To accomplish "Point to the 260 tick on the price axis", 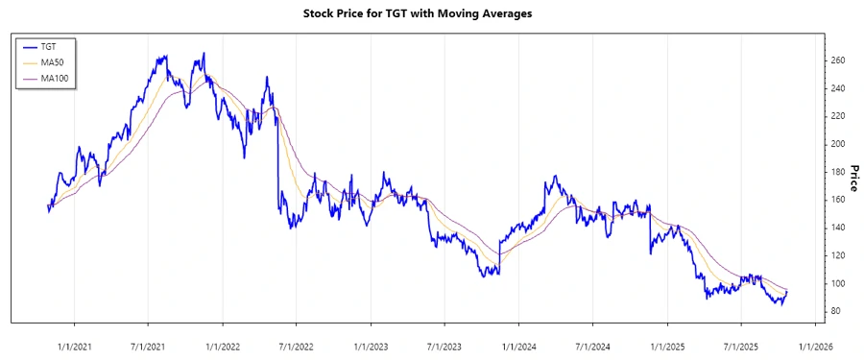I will (x=838, y=60).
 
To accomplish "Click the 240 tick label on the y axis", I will (x=838, y=88).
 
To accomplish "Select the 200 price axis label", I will (x=838, y=144).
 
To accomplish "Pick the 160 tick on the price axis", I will (x=838, y=200).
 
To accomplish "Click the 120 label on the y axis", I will (x=838, y=255).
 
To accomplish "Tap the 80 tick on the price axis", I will (x=836, y=311).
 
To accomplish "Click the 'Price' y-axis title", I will (x=852, y=178).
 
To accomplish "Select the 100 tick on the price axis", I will (x=838, y=283).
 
